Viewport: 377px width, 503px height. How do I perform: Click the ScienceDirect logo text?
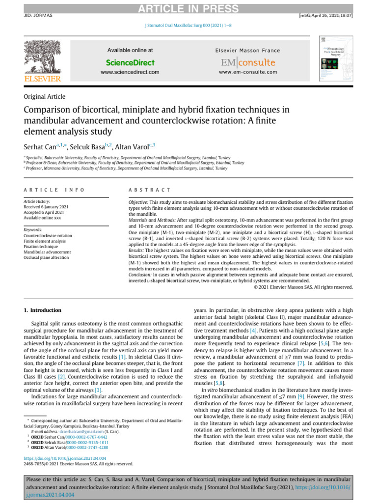tap(130, 62)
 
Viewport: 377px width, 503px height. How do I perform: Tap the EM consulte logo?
tap(247, 62)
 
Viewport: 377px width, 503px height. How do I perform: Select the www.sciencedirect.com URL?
tap(130, 72)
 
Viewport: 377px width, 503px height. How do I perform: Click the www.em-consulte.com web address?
tap(247, 72)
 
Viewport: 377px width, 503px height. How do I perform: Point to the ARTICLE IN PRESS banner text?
tap(188, 9)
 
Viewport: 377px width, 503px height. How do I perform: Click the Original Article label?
tap(44, 97)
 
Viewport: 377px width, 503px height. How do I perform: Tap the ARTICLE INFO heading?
tap(54, 190)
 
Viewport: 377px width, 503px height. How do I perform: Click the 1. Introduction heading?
tap(43, 310)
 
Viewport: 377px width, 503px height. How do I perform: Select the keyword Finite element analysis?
tap(45, 241)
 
